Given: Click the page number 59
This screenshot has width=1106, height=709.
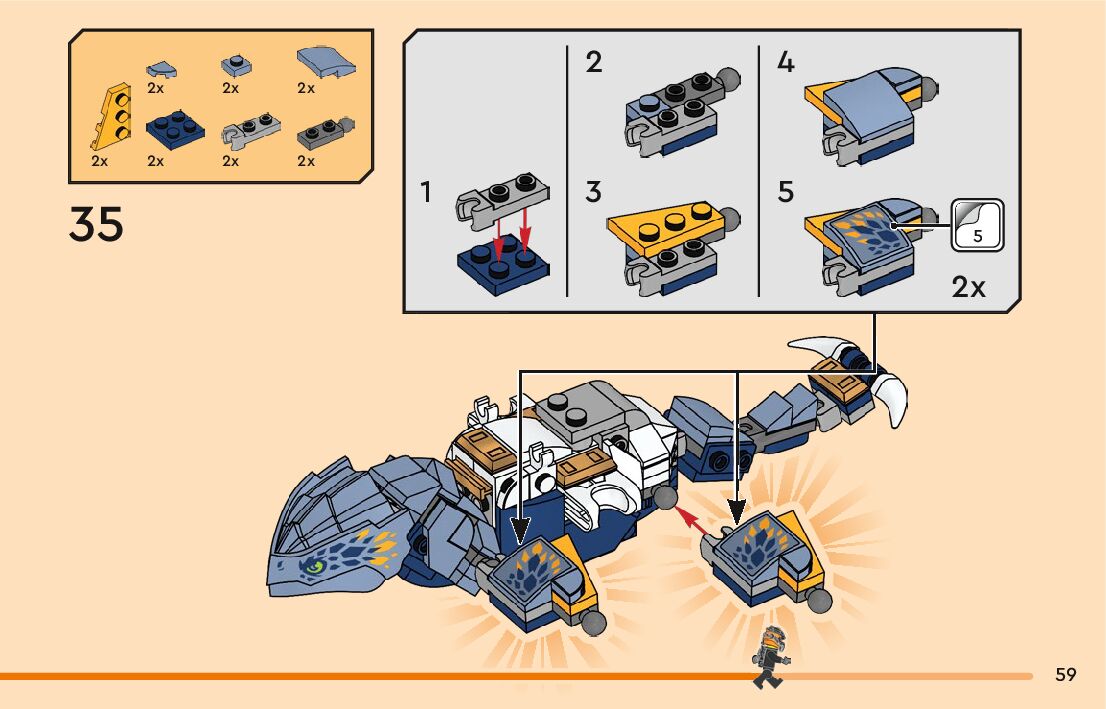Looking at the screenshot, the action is (x=1065, y=674).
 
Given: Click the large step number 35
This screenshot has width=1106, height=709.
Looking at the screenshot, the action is (x=97, y=224).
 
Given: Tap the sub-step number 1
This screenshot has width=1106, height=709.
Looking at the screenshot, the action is (x=426, y=191).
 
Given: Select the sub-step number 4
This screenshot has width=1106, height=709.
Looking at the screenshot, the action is (x=786, y=63).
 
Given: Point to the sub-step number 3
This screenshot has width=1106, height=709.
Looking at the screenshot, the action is (x=594, y=191).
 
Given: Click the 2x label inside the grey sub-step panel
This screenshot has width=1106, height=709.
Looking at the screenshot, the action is (x=968, y=287).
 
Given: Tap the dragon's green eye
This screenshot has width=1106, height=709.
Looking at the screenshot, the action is (x=315, y=567).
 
